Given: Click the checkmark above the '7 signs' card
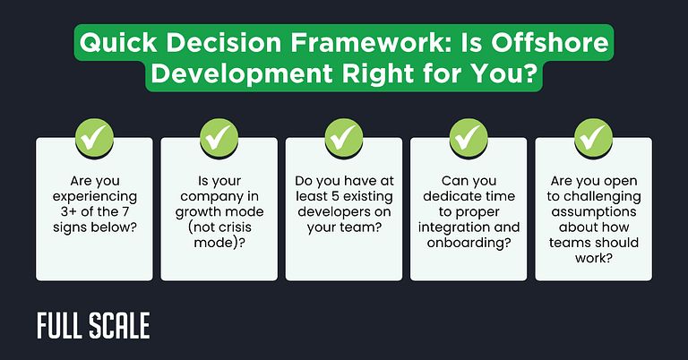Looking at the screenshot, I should (94, 135).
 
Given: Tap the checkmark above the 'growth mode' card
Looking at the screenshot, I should (218, 135).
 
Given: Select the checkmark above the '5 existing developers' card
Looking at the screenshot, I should (343, 135).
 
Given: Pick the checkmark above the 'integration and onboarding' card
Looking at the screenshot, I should (468, 135).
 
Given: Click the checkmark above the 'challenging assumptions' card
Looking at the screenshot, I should (592, 135).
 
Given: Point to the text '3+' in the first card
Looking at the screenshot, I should (63, 213).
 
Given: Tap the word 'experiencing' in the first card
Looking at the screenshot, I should (94, 196).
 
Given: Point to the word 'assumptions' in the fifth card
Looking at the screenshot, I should (592, 213).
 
